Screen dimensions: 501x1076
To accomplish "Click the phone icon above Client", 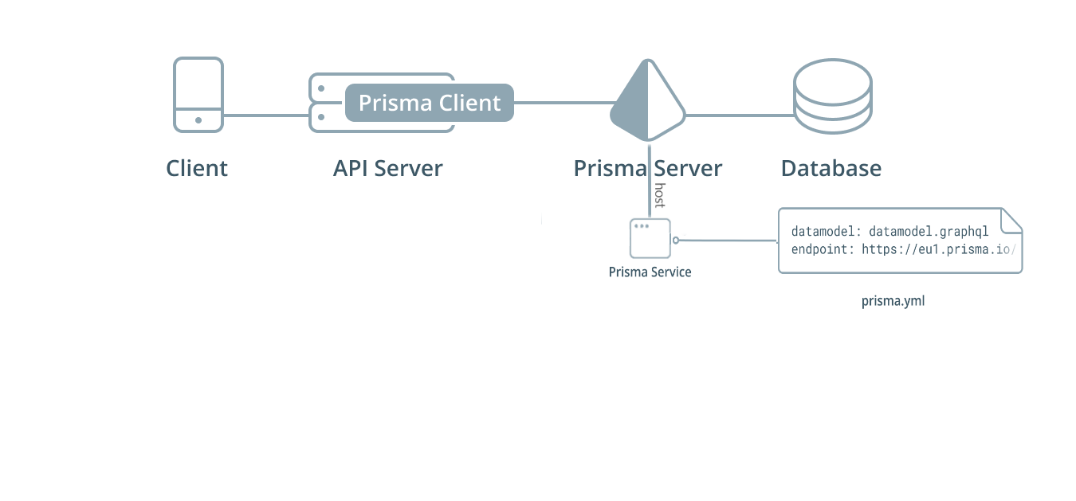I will (x=198, y=93).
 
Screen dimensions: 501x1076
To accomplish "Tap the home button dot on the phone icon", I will (x=198, y=120).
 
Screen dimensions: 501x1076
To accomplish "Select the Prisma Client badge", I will (x=429, y=103).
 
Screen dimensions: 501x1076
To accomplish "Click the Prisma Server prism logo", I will (x=648, y=101).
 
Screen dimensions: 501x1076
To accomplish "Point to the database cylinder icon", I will (x=832, y=96).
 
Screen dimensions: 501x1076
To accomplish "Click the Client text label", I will (x=197, y=169).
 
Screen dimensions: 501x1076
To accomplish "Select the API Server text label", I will (x=387, y=169).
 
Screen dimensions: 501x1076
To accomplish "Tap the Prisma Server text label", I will (x=647, y=169).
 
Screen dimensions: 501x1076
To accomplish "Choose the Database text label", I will (x=831, y=169).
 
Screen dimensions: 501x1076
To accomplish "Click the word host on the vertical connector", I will (x=659, y=195).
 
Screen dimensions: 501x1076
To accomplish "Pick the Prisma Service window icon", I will (x=650, y=238).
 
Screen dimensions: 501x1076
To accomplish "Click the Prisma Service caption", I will (x=650, y=272).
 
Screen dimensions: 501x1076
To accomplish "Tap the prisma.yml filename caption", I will (x=893, y=301).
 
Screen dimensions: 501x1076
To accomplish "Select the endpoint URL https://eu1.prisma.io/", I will (x=938, y=249).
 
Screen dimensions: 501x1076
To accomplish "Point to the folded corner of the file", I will (x=1011, y=220).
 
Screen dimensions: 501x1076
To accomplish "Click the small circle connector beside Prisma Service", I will (x=676, y=240).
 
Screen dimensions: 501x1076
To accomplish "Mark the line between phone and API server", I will (x=265, y=115).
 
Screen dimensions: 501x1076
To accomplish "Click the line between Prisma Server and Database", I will (x=739, y=115).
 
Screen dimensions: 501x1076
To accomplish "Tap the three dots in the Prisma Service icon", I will (x=640, y=226).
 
